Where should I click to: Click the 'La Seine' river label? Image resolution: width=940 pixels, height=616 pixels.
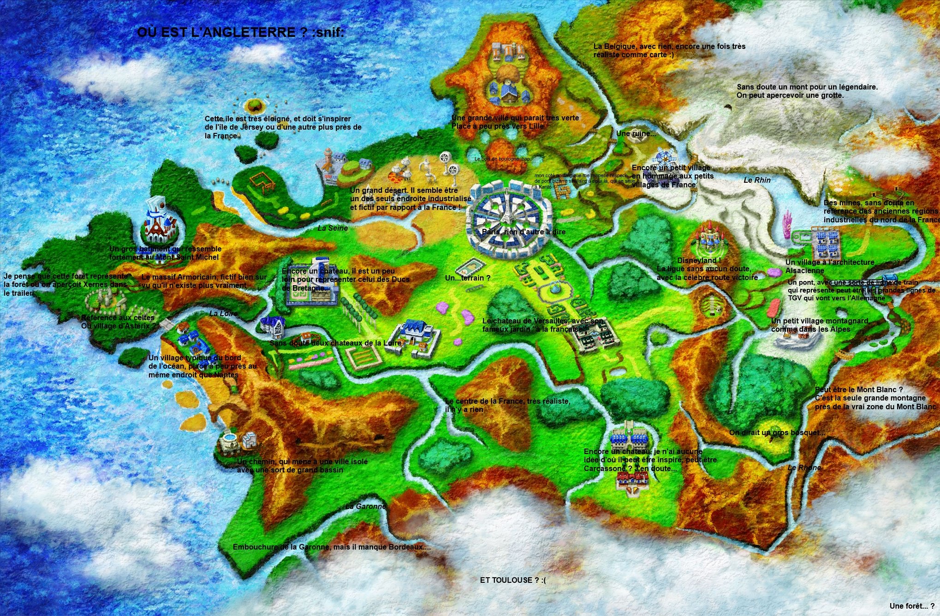[x=333, y=228]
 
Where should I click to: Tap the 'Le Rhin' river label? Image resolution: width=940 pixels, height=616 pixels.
[x=757, y=180]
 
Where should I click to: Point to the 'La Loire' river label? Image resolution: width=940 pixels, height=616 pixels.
[x=223, y=314]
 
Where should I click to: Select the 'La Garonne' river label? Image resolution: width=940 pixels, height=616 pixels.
[x=365, y=507]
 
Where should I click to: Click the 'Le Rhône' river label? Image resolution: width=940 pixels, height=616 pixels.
[x=804, y=468]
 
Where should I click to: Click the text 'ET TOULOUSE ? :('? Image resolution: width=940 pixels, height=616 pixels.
[x=512, y=580]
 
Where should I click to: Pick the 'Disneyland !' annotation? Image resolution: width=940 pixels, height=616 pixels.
[x=696, y=261]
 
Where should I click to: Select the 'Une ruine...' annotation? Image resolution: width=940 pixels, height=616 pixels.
[x=636, y=134]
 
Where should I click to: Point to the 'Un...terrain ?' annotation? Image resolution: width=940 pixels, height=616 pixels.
[x=467, y=278]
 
